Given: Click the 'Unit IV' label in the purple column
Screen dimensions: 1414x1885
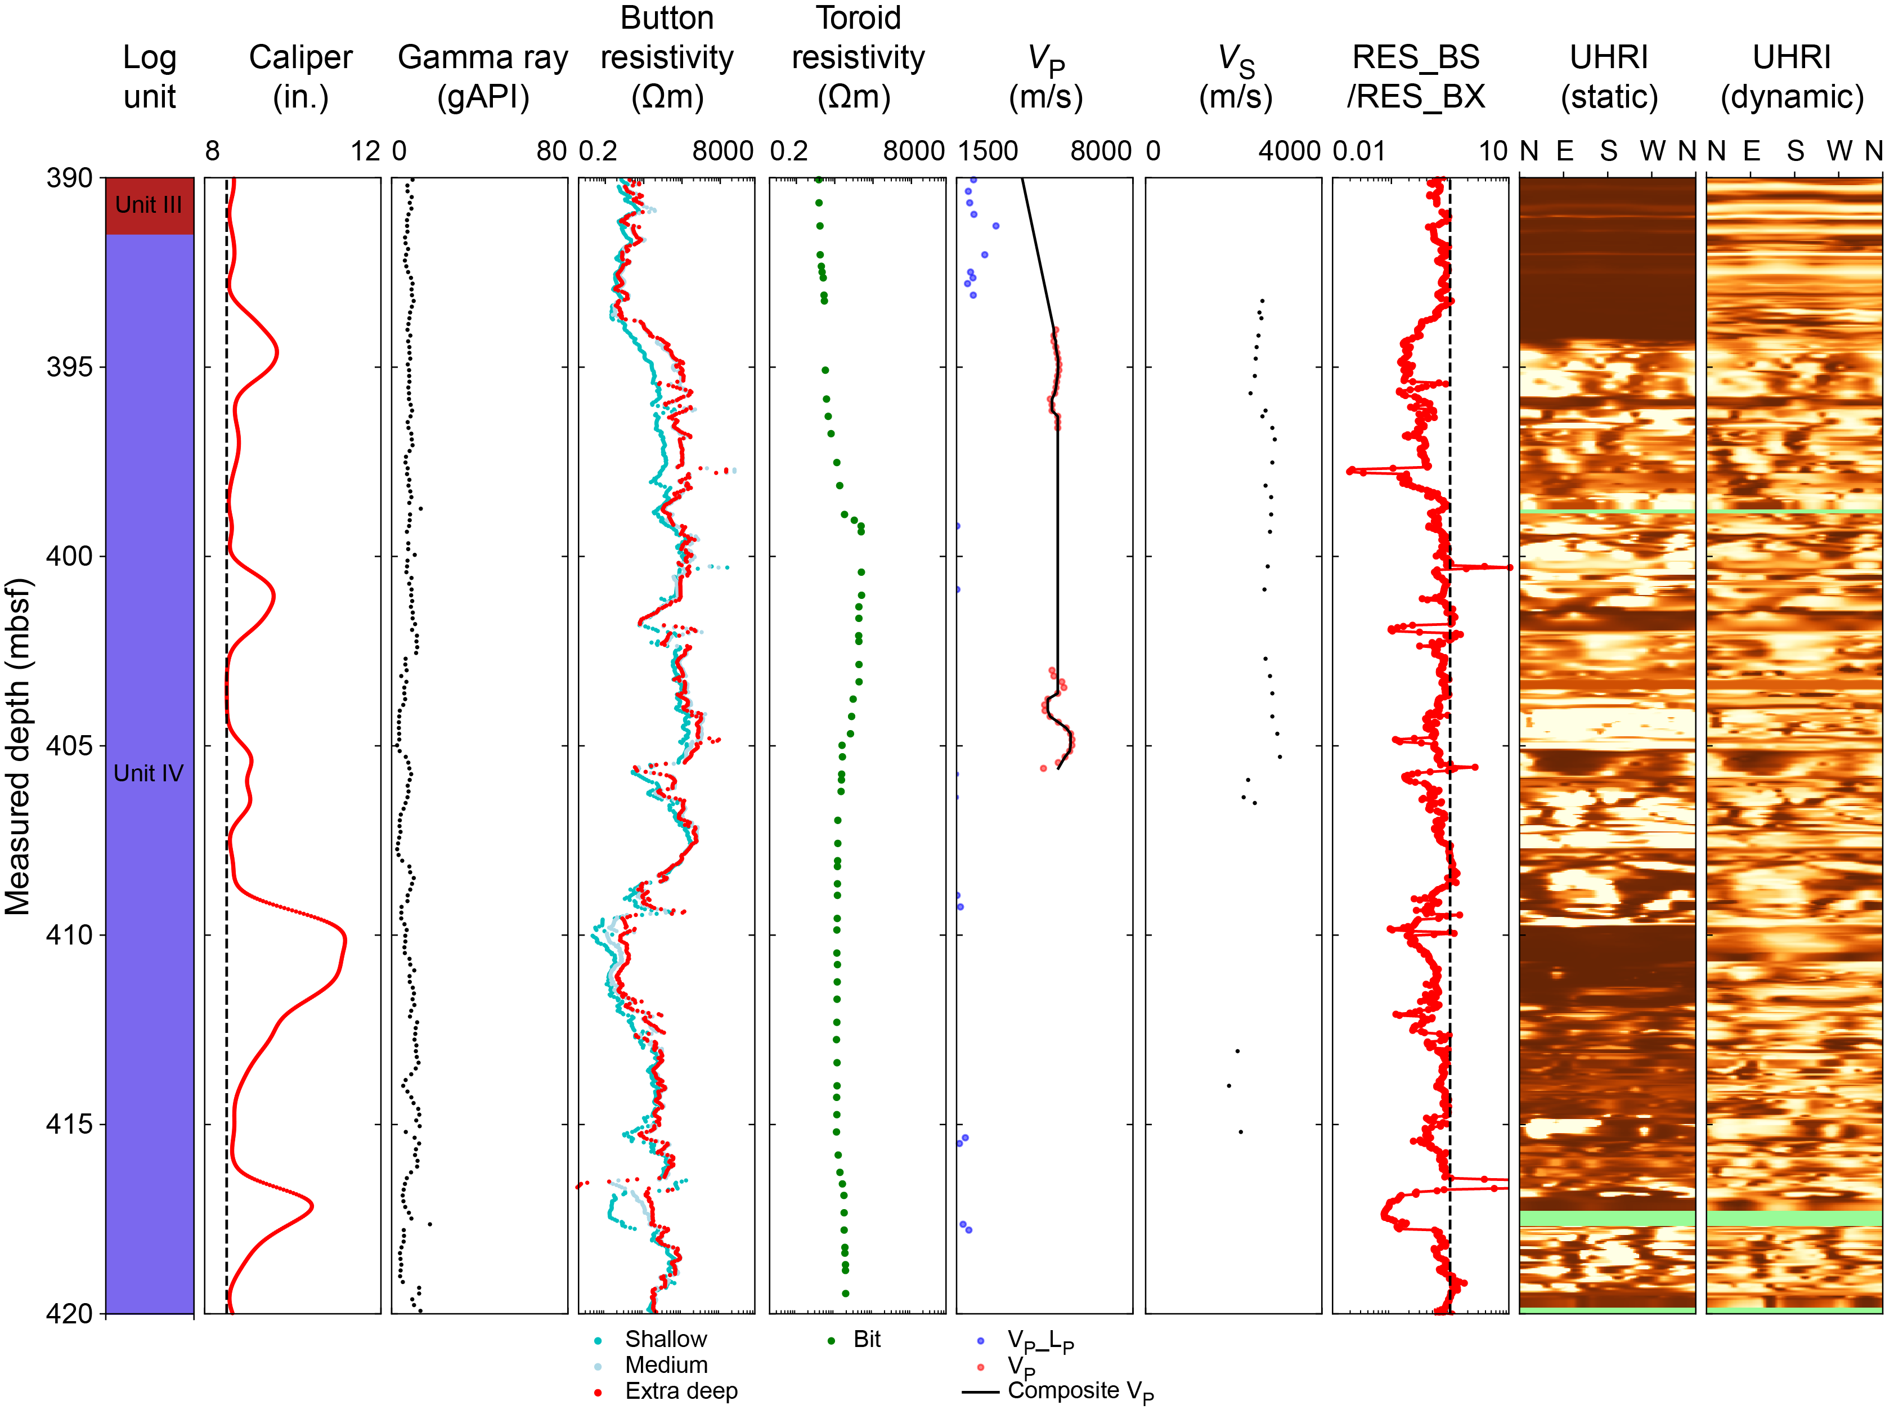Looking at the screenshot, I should point(149,773).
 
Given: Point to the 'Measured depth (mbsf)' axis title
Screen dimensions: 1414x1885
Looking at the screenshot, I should point(18,746).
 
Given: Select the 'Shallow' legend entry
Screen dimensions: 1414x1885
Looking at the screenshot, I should point(666,1339).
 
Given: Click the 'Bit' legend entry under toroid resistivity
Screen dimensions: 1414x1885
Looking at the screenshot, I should point(867,1339).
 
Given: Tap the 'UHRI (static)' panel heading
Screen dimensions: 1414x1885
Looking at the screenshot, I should point(1609,77).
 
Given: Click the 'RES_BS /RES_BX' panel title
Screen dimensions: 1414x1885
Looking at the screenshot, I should point(1416,77).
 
